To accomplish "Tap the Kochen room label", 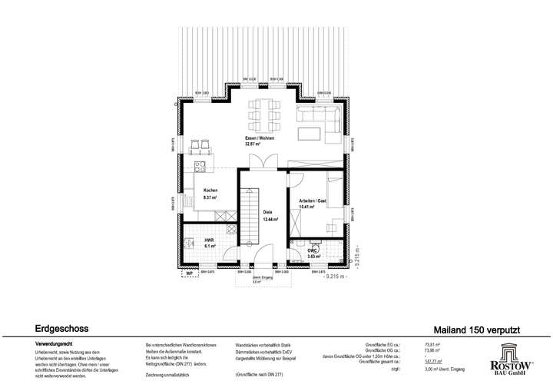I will pyautogui.click(x=210, y=191).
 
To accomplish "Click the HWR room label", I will pyautogui.click(x=207, y=240).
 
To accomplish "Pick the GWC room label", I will pyautogui.click(x=313, y=250).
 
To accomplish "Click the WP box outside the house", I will pyautogui.click(x=189, y=273).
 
